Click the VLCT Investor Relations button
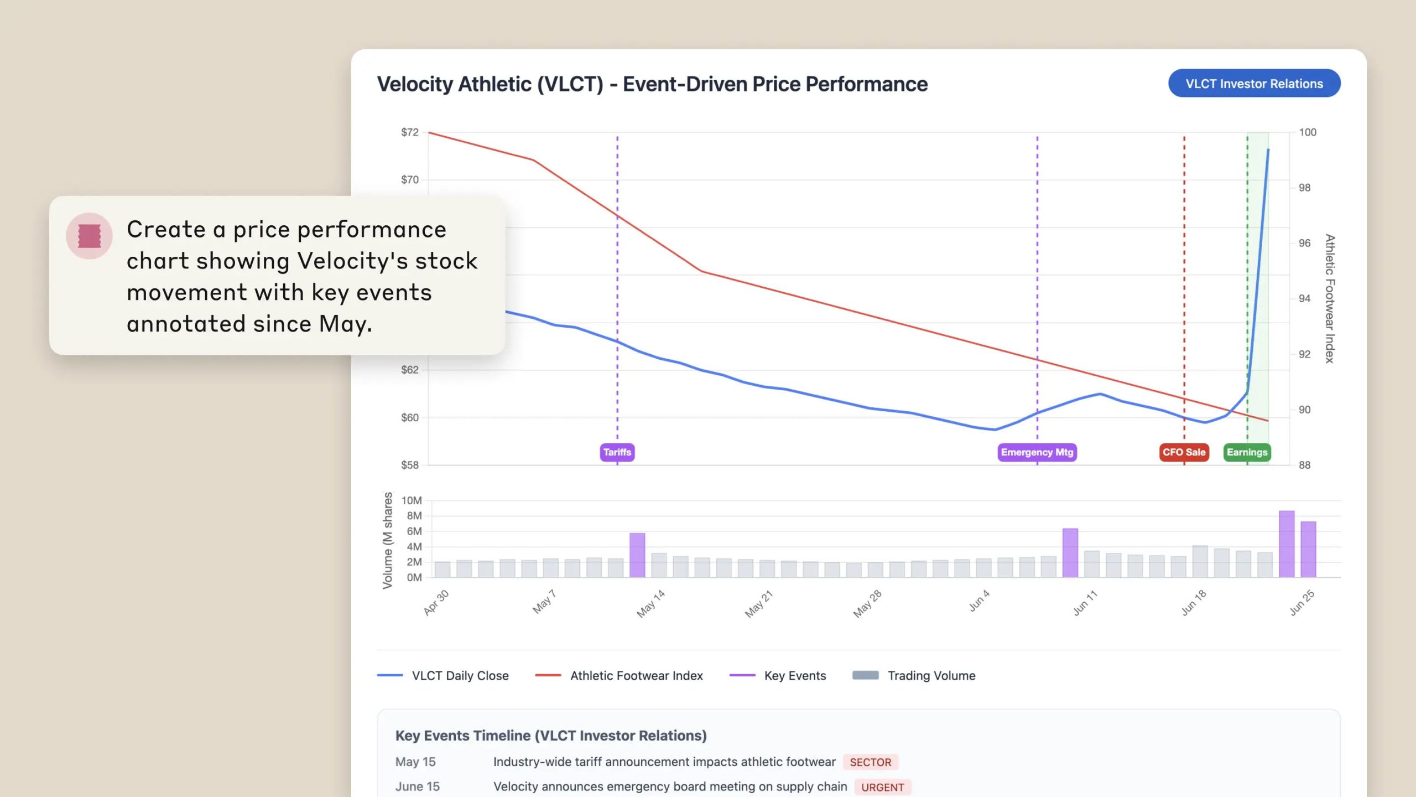coord(1254,84)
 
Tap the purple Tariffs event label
coord(617,452)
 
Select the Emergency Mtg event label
coord(1037,452)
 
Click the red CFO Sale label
coord(1184,452)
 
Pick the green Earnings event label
coord(1247,452)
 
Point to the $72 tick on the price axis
coord(410,132)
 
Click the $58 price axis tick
coord(410,465)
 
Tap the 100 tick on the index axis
coord(1308,132)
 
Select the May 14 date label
coord(650,603)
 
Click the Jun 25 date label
coord(1302,603)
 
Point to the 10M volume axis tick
coord(412,500)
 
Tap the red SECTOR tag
coord(870,762)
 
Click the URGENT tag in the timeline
coord(882,787)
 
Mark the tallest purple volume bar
coord(1287,544)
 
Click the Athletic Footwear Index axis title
coord(1330,299)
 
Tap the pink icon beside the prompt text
coord(89,236)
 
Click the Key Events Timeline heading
coord(551,736)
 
